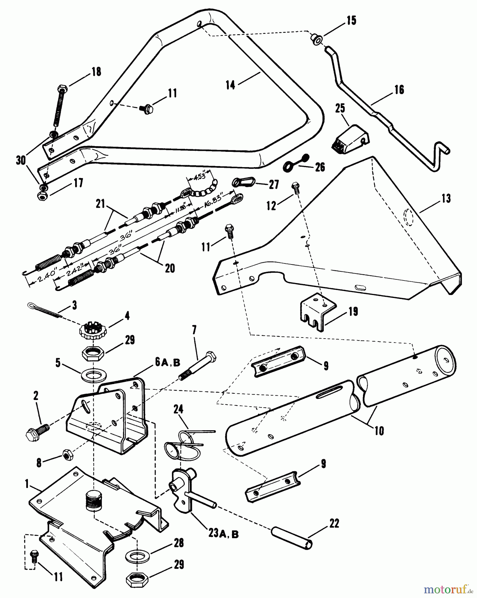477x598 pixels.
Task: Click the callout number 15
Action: click(351, 21)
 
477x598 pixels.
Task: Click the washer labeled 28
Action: click(137, 555)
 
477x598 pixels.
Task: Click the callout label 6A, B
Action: click(167, 363)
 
